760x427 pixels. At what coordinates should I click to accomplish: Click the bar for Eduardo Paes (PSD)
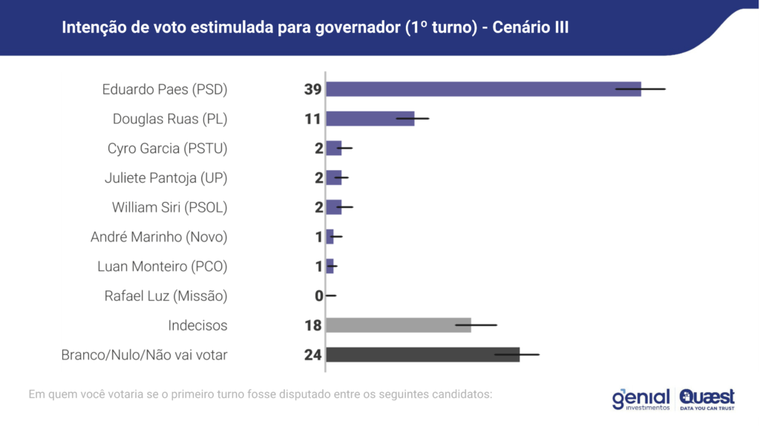click(x=482, y=89)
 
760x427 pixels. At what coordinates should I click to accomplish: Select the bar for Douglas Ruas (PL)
click(x=370, y=119)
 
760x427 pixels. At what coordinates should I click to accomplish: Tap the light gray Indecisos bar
click(x=398, y=325)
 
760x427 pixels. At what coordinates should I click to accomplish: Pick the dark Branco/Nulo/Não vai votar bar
click(x=422, y=355)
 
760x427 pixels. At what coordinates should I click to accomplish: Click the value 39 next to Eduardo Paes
click(x=312, y=89)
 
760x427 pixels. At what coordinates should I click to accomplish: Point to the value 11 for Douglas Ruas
click(x=312, y=119)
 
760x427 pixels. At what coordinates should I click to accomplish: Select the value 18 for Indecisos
click(x=312, y=325)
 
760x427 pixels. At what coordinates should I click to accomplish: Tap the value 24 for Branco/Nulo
click(x=312, y=355)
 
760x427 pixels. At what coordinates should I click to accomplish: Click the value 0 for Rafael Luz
click(x=318, y=296)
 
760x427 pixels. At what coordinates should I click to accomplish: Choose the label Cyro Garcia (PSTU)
click(x=167, y=149)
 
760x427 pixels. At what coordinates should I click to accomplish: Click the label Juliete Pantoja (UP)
click(x=166, y=178)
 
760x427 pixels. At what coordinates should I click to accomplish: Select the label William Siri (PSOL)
click(x=169, y=207)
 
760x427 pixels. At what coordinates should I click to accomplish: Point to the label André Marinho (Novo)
click(x=159, y=237)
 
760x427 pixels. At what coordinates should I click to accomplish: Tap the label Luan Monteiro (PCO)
click(x=163, y=267)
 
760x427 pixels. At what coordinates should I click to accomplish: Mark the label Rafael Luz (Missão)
click(x=166, y=296)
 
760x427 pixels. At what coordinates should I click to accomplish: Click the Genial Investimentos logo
click(x=641, y=400)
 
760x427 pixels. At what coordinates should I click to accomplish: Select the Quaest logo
click(x=707, y=399)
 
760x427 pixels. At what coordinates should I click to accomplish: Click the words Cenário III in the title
click(x=530, y=27)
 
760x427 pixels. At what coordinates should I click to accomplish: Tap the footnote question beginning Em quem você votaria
click(x=260, y=394)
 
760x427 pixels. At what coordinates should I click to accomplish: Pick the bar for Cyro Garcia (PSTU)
click(x=333, y=149)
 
